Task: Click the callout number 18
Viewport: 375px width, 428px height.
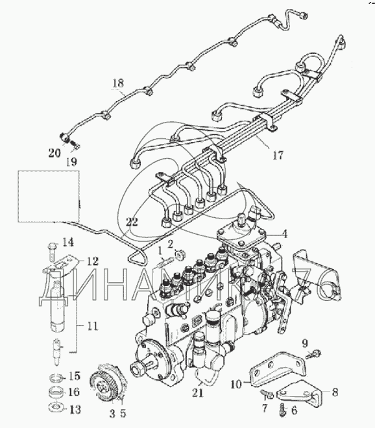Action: [118, 83]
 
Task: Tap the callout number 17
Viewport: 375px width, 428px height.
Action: [278, 156]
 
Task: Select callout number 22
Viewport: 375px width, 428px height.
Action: [132, 222]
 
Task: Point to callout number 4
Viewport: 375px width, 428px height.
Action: [285, 234]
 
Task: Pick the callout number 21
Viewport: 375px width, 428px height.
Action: [198, 392]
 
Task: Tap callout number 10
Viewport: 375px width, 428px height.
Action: [236, 385]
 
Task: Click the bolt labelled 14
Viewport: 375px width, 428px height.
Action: [52, 250]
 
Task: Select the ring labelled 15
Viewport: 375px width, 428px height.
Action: [56, 377]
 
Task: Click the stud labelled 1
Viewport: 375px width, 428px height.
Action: [164, 262]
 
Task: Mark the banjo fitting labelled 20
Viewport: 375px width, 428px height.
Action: [65, 137]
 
